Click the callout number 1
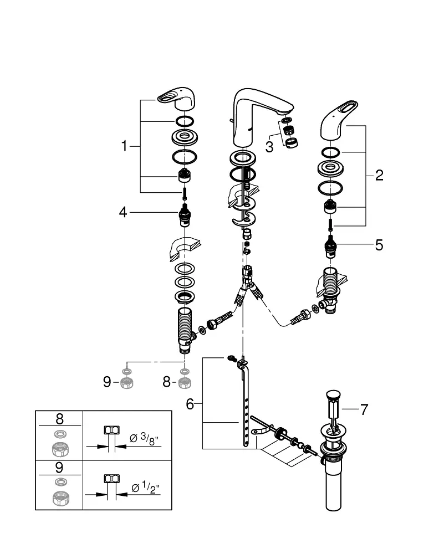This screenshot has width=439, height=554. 124,146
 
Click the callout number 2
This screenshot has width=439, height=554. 379,175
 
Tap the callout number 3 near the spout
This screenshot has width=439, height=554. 269,147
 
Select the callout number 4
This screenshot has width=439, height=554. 122,212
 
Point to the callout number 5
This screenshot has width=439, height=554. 379,245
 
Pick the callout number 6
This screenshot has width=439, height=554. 190,404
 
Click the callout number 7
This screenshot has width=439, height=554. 364,409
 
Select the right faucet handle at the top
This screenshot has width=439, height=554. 339,120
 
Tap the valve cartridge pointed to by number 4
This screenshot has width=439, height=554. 185,215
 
